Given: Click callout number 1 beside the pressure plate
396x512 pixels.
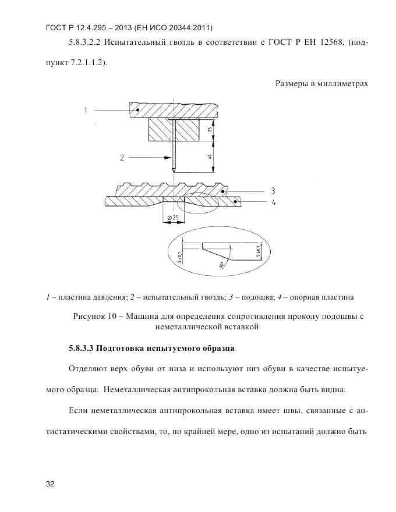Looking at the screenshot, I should (x=85, y=109).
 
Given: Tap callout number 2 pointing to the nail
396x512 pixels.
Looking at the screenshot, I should (x=122, y=157).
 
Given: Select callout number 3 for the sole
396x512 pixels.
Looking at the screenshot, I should (x=273, y=190).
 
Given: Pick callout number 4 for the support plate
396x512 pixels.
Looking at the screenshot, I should (x=273, y=202).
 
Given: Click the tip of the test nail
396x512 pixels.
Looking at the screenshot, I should (x=174, y=170).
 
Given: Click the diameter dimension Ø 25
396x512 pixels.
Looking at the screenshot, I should (x=172, y=218).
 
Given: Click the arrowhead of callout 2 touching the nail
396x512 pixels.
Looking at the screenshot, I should (x=169, y=157).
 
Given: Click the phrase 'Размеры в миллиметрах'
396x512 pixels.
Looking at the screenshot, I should (x=322, y=83).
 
